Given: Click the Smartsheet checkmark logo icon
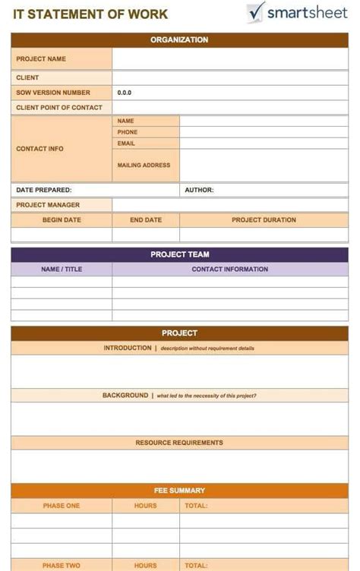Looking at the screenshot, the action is (x=255, y=12).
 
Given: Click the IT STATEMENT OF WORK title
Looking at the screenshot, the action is (x=90, y=14).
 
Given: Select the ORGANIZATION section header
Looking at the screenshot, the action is (x=179, y=39).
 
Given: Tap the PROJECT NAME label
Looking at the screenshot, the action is (x=41, y=59).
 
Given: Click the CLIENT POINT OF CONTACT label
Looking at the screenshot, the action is (x=59, y=108).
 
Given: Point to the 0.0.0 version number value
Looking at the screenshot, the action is (x=125, y=93).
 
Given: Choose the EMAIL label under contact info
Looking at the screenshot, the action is (x=126, y=144).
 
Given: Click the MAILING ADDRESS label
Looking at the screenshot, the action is (x=144, y=165).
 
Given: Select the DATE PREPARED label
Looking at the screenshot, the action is (x=44, y=190).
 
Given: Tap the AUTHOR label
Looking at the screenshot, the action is (x=199, y=190).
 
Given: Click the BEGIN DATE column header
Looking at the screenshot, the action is (x=62, y=220).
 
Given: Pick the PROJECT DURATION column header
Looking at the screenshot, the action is (x=264, y=220).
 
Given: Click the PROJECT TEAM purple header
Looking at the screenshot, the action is (x=179, y=254).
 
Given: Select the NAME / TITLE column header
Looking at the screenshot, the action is (x=62, y=270).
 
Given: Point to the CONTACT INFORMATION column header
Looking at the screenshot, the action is (x=229, y=270).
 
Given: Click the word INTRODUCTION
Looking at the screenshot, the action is (x=128, y=348).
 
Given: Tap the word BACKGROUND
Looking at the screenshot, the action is (x=125, y=396).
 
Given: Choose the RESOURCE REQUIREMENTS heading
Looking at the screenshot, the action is (x=179, y=443).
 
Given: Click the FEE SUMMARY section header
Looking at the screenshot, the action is (x=179, y=491).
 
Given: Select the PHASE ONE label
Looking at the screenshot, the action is (x=62, y=506).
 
